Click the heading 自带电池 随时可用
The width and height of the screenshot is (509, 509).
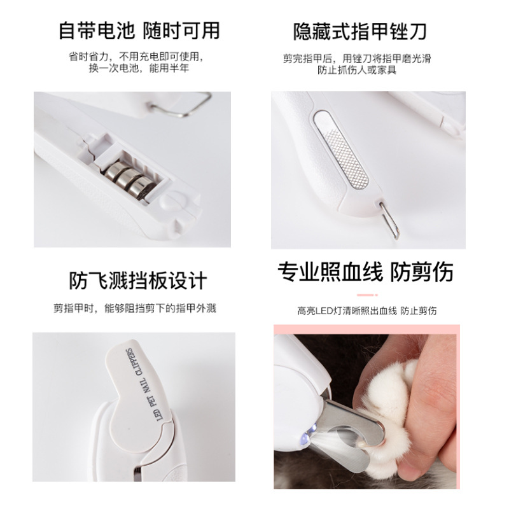click(x=139, y=30)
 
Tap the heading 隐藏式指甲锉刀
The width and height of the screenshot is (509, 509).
click(x=359, y=30)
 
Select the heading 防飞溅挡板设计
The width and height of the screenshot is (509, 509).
click(x=138, y=280)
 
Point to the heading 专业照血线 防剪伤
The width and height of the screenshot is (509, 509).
click(x=366, y=272)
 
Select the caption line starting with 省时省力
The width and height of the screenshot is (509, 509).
click(x=139, y=56)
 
